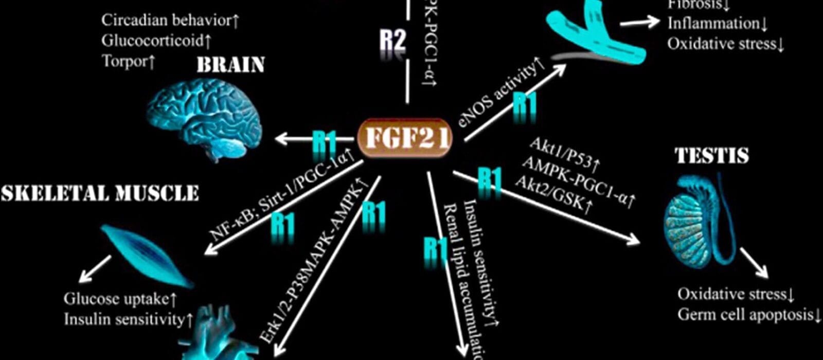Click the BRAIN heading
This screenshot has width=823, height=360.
point(230,65)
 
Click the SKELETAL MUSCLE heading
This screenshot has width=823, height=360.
point(100,193)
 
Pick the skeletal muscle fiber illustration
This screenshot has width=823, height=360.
point(146,254)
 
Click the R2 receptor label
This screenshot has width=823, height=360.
point(392,40)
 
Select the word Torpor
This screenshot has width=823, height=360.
point(124,61)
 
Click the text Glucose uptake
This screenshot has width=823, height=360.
point(116,298)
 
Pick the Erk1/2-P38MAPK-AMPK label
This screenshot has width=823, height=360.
point(314,262)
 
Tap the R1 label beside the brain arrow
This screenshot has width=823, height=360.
point(325,141)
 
